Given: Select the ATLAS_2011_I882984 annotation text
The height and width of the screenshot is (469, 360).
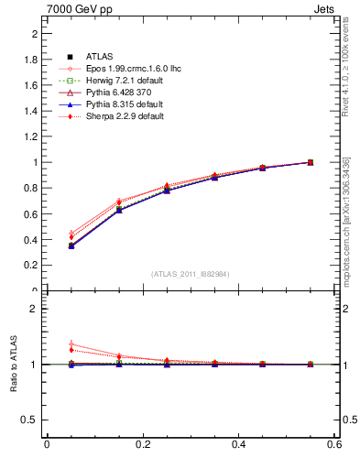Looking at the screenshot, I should [x=190, y=274].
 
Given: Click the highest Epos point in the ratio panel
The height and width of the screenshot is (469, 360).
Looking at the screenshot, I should [x=71, y=344].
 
